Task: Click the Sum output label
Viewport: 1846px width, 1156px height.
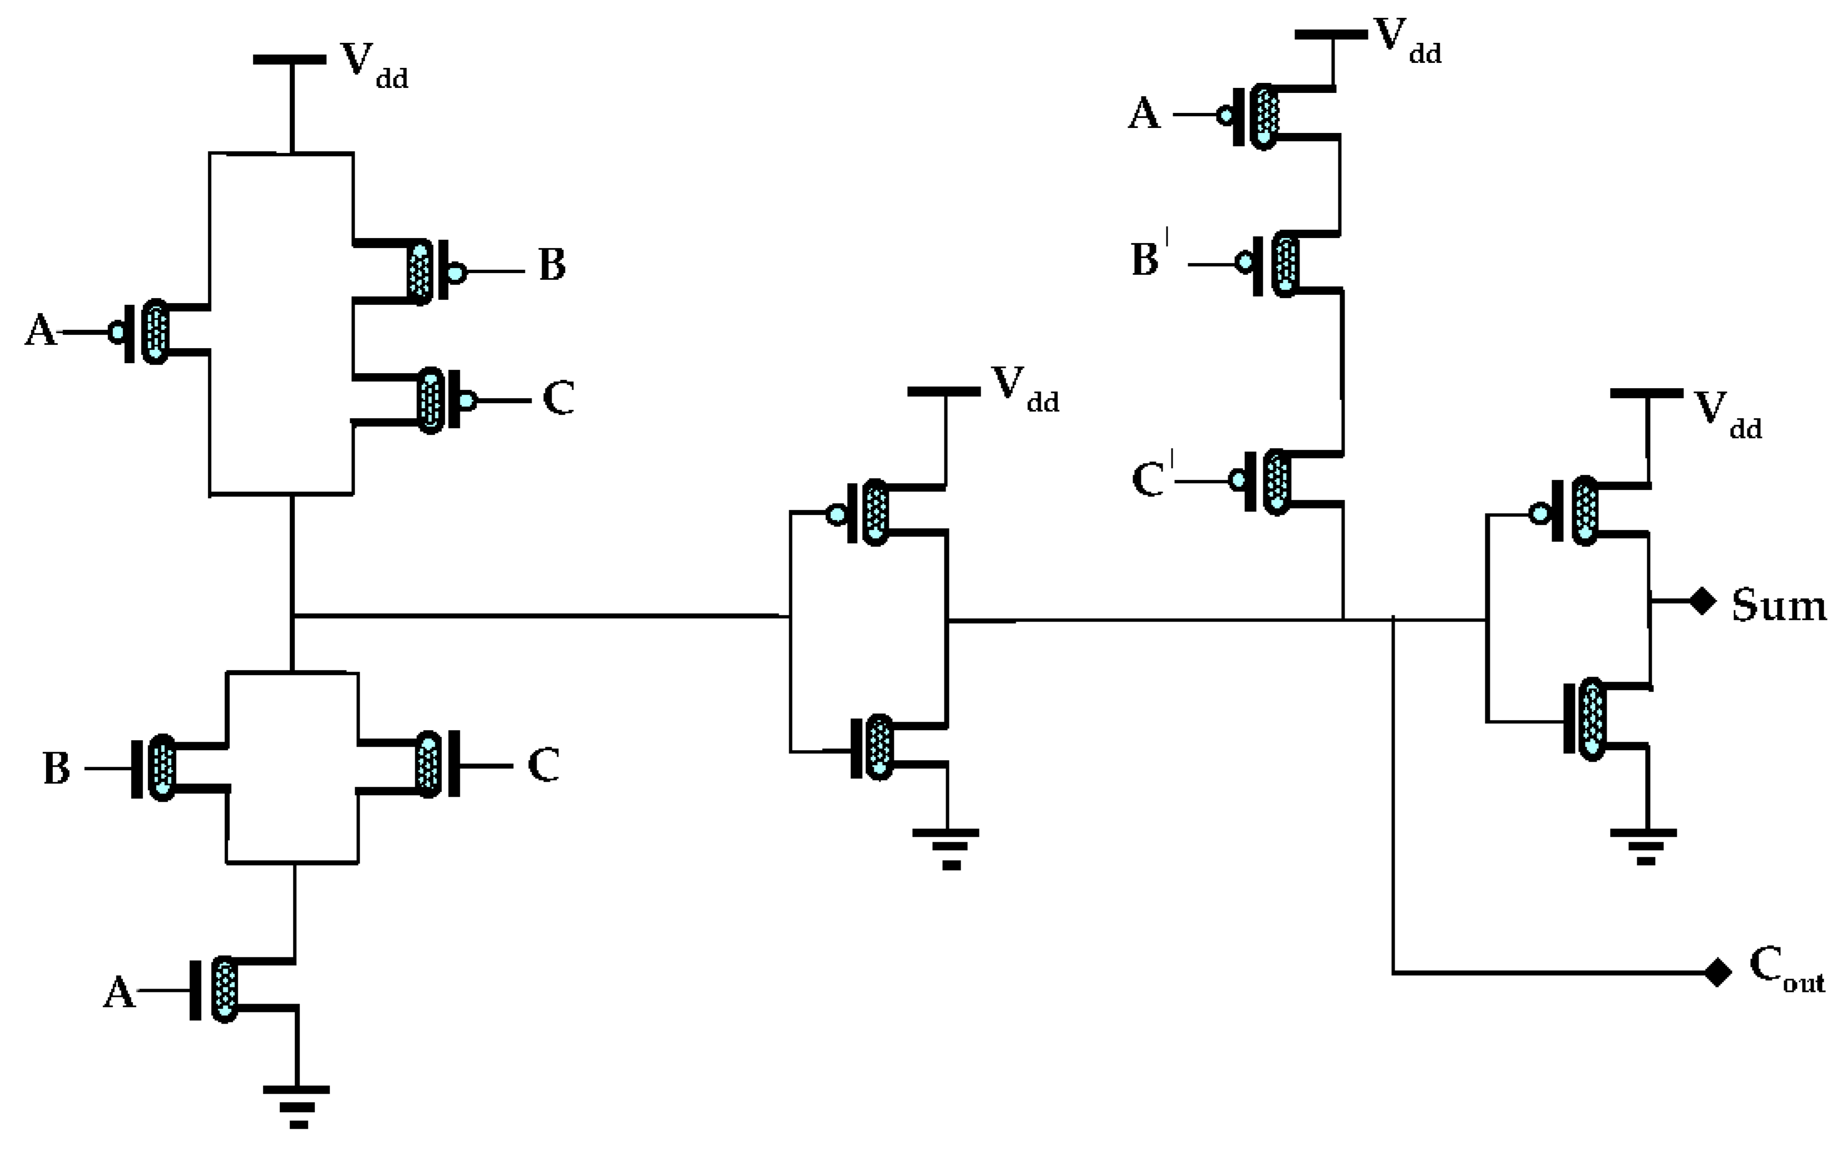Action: point(1778,606)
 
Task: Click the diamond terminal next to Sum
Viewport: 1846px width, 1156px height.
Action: point(1702,601)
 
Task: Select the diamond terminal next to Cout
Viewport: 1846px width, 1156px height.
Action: point(1718,973)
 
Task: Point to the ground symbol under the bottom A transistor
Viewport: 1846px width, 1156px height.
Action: point(297,1105)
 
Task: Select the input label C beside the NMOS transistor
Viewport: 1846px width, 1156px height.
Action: point(543,765)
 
